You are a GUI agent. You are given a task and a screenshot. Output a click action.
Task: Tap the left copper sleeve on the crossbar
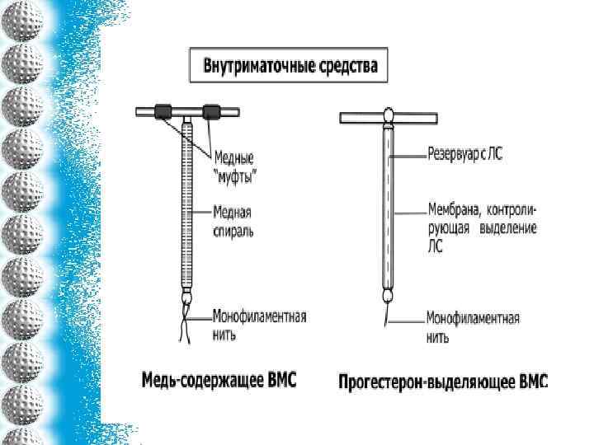[162, 110]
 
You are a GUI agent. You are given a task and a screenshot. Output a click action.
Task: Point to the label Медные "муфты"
[234, 164]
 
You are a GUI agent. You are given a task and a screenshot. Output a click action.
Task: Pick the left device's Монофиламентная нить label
[259, 325]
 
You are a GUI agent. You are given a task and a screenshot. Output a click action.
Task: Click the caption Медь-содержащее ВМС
[219, 381]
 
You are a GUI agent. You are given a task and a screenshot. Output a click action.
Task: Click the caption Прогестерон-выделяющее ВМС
[443, 382]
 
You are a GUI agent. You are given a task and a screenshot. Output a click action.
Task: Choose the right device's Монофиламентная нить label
[473, 327]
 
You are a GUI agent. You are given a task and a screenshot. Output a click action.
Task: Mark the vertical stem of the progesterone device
[388, 206]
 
